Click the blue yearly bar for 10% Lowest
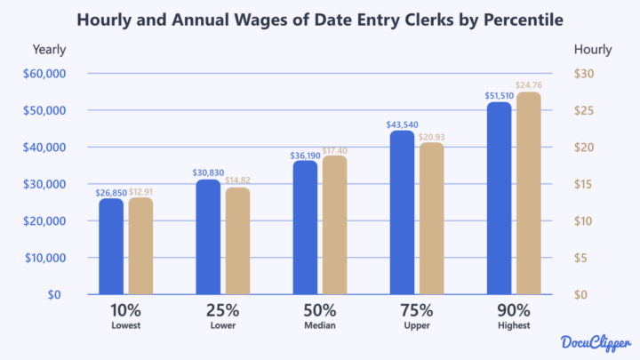coord(111,246)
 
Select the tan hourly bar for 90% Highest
coord(528,193)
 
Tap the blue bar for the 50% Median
coord(305,228)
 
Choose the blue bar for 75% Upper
coord(402,212)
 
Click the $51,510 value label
coord(499,93)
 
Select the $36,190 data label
coord(305,154)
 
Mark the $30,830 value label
coord(208,172)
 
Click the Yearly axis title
coord(49,50)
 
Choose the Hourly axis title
coord(593,50)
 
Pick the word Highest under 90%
coord(514,326)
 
